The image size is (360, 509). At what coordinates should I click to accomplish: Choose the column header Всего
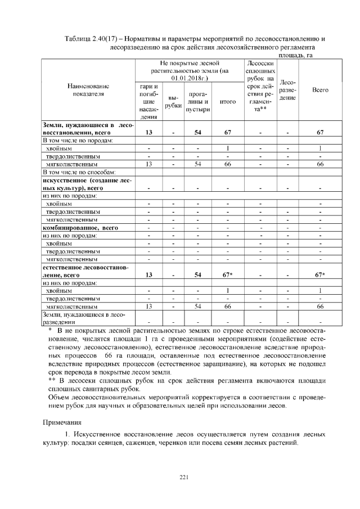[319, 90]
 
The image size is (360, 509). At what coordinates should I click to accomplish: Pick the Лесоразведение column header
[287, 90]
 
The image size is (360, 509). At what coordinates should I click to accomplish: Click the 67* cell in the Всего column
[319, 275]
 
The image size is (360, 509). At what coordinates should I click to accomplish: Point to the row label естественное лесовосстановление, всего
[84, 271]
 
